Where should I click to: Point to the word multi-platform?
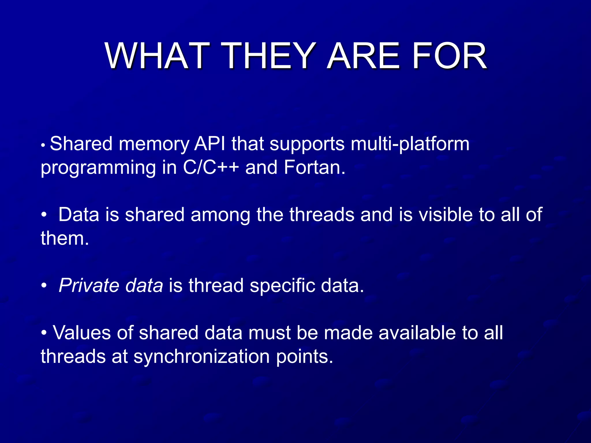(410, 144)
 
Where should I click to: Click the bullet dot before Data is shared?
(44, 215)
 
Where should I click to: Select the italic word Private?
(89, 286)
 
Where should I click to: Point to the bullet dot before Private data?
(44, 286)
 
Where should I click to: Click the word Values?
(82, 333)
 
